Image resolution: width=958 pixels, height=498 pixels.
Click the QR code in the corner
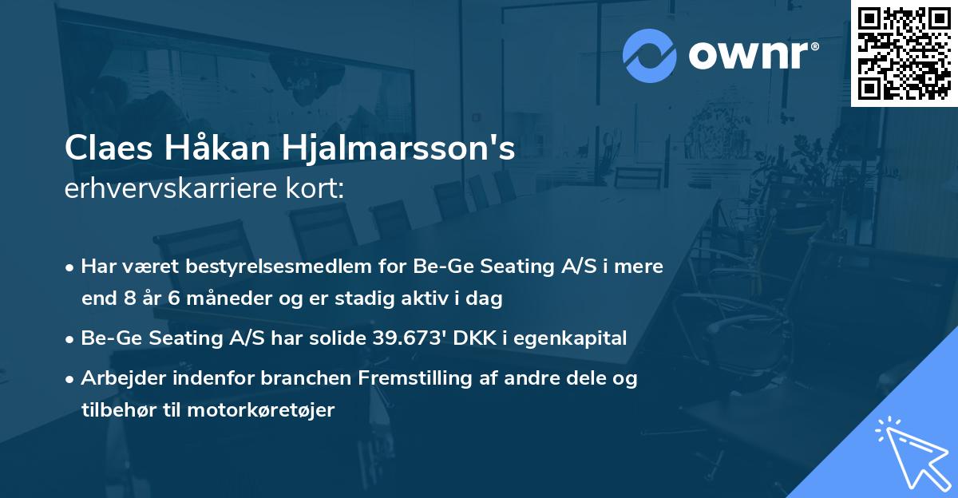[x=904, y=53]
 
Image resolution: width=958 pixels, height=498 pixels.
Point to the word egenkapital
[x=571, y=338]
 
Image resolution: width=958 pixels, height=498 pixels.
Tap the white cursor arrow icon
[x=910, y=451]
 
